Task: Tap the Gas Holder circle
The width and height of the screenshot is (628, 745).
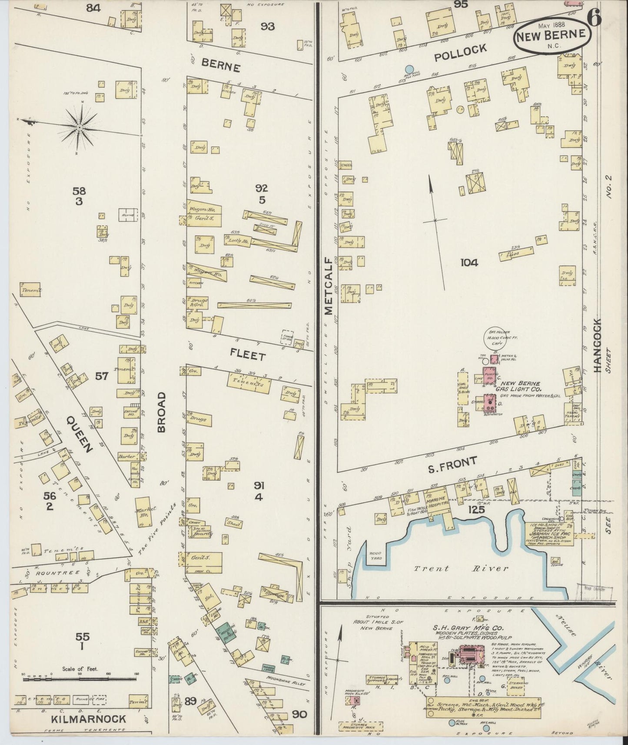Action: point(496,337)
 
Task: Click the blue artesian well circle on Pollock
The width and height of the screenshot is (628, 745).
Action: point(409,69)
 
